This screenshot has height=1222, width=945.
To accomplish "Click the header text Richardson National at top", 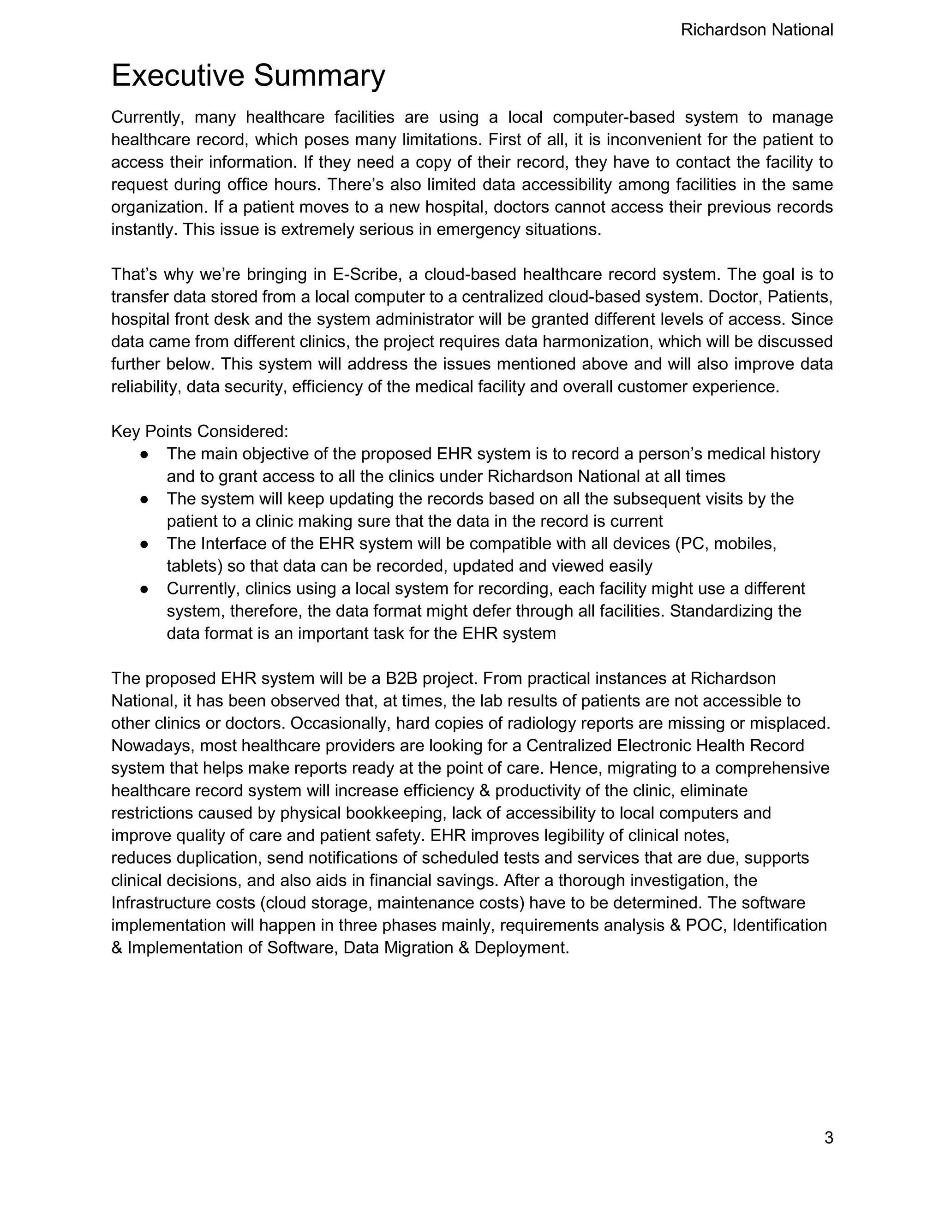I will (x=756, y=30).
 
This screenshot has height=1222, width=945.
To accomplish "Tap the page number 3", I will (x=829, y=1138).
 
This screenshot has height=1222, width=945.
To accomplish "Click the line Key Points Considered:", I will (x=200, y=432).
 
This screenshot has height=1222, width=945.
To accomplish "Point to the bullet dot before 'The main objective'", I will (x=144, y=454).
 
